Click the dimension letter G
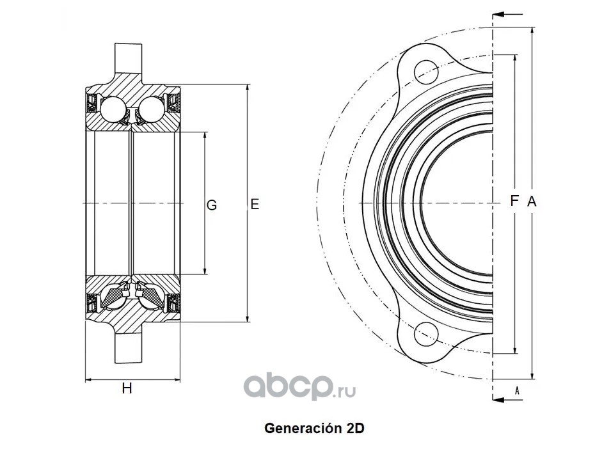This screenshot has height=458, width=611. (x=211, y=205)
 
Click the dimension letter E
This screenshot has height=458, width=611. (x=255, y=204)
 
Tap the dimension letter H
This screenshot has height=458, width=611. (x=127, y=388)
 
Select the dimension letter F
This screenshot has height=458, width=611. (x=514, y=201)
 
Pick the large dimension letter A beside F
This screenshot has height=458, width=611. (x=532, y=201)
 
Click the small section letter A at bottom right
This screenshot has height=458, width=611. (x=517, y=390)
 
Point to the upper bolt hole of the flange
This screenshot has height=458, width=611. (x=426, y=72)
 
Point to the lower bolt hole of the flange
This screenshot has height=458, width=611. (x=426, y=335)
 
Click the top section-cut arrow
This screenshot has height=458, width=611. (x=507, y=15)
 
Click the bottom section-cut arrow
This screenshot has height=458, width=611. (x=507, y=400)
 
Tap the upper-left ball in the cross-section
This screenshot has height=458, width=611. (x=113, y=109)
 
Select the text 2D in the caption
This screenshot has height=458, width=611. (x=355, y=429)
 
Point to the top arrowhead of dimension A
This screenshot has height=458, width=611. (x=533, y=32)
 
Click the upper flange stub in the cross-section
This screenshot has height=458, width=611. (x=128, y=58)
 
